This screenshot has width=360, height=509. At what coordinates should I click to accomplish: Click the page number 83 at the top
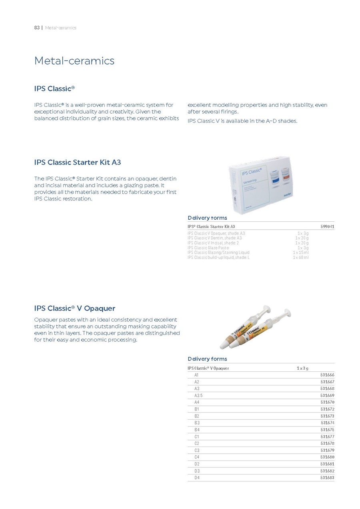click(37, 28)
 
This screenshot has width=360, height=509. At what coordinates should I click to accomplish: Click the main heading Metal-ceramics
click(74, 61)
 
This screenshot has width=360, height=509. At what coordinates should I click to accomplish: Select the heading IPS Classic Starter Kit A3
click(78, 162)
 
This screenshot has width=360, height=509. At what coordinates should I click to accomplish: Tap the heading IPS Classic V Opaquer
click(75, 308)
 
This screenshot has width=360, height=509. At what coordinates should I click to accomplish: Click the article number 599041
click(327, 226)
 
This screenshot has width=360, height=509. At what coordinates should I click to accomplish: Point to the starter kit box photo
click(259, 184)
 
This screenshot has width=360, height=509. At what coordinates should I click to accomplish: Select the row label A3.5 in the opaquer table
click(198, 395)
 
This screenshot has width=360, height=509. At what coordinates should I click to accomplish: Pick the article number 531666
click(327, 375)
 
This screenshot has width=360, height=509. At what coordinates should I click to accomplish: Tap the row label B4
click(197, 429)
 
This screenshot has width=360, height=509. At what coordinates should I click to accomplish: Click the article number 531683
click(327, 477)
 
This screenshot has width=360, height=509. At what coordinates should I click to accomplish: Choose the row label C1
click(197, 437)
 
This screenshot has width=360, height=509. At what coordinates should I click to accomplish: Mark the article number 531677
click(327, 437)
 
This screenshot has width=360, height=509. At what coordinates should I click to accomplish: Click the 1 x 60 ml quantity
click(300, 257)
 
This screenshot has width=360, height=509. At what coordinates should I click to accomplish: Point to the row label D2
click(197, 464)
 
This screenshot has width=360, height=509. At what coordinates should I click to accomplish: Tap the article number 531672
click(327, 409)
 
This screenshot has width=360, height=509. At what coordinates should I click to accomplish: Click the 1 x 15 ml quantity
click(300, 252)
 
